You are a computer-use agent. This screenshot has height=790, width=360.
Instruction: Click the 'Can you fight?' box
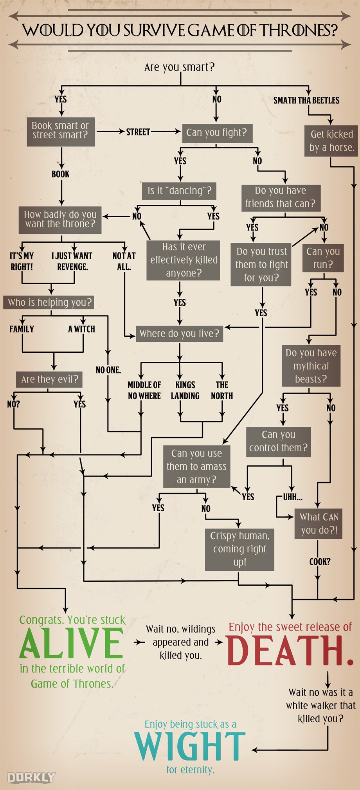click(216, 133)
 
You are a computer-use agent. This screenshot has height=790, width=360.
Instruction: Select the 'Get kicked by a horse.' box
click(331, 141)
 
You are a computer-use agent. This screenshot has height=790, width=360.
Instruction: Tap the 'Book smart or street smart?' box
click(60, 130)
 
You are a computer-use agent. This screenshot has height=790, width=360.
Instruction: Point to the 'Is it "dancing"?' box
click(180, 191)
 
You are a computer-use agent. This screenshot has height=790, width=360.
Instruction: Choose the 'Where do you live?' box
click(179, 334)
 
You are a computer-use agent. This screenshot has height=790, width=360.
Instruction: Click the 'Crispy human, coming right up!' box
click(239, 549)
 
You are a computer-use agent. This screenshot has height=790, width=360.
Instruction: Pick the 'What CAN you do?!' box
click(319, 523)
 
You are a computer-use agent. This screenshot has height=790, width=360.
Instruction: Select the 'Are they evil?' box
click(49, 379)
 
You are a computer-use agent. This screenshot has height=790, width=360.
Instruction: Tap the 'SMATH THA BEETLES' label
click(306, 100)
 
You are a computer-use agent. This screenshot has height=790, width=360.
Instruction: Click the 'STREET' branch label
click(138, 132)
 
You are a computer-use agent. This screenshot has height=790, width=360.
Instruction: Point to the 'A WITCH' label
click(81, 329)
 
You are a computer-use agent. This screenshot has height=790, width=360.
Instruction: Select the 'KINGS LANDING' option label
click(185, 390)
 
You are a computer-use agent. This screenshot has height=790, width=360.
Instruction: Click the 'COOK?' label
click(320, 562)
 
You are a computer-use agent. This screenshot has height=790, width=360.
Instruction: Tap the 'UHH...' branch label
click(293, 497)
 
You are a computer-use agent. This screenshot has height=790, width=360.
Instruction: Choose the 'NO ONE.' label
click(108, 370)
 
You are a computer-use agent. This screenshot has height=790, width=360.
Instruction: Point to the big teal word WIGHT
click(190, 746)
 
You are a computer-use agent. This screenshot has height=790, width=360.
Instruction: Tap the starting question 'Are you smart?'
click(179, 67)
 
